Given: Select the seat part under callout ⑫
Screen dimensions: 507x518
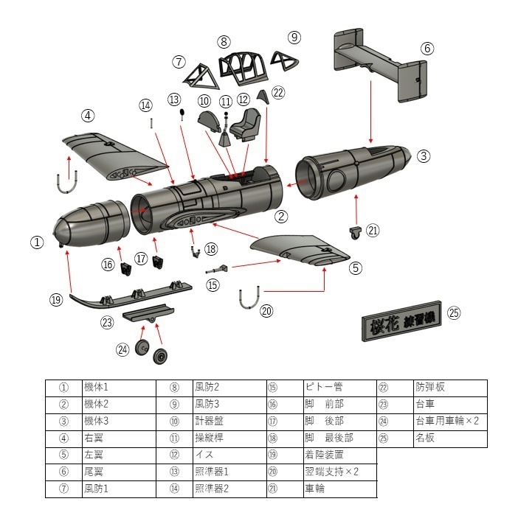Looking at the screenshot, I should pyautogui.click(x=247, y=124).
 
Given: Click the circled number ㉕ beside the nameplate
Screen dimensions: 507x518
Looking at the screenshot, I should pyautogui.click(x=454, y=312).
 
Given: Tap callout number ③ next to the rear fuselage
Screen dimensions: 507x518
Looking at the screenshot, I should pyautogui.click(x=423, y=155).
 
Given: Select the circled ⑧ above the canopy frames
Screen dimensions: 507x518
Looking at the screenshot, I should pyautogui.click(x=224, y=41).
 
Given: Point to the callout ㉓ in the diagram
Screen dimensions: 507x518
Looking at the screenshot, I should pyautogui.click(x=108, y=322).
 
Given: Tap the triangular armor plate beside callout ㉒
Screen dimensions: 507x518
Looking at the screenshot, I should pyautogui.click(x=263, y=97).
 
